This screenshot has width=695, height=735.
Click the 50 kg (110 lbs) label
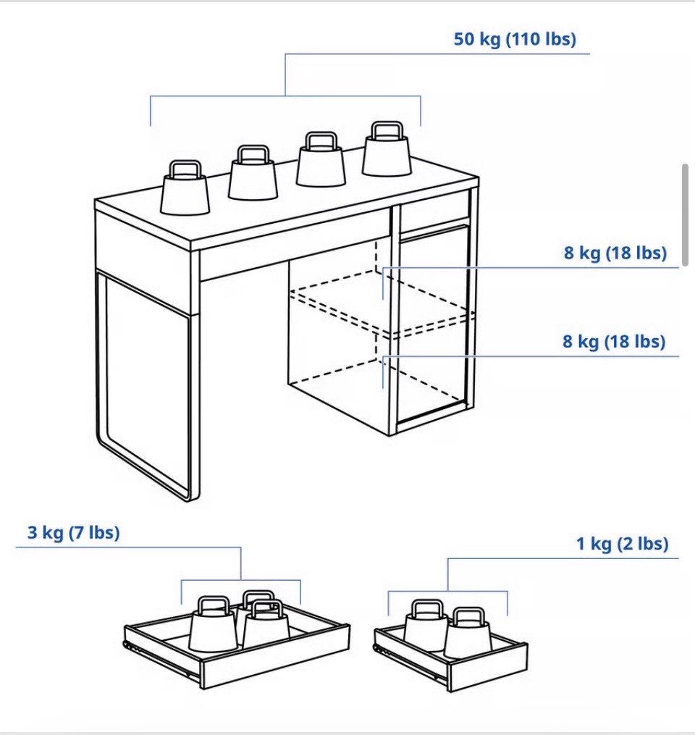(515, 39)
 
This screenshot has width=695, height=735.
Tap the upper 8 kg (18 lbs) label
(615, 253)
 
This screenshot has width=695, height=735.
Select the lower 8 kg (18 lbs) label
(614, 341)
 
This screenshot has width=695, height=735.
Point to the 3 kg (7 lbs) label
(74, 532)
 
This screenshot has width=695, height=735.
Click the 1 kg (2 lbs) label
(623, 544)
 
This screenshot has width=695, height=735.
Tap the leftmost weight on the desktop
(185, 188)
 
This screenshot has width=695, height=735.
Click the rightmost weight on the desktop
(387, 149)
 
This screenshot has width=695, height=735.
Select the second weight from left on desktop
(253, 172)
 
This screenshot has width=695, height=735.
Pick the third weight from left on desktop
(321, 159)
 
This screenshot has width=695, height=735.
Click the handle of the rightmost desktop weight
(387, 130)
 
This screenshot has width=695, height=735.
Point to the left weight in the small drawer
(426, 626)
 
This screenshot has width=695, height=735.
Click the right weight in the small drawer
(467, 633)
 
